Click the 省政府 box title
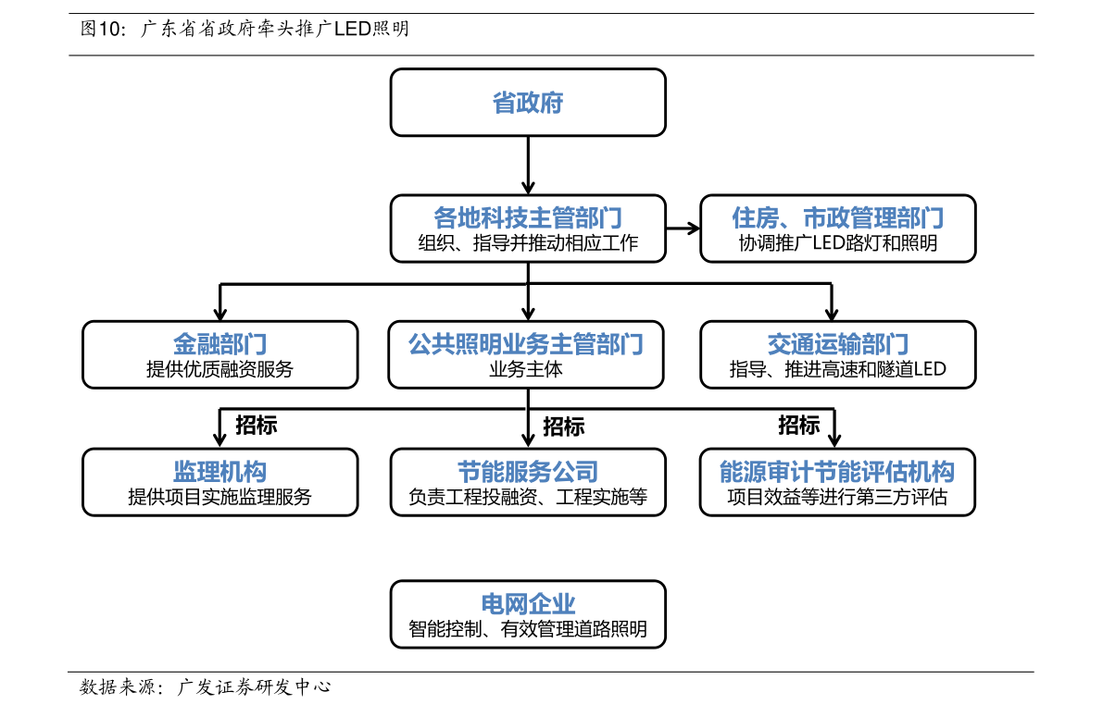[528, 103]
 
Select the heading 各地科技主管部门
[528, 218]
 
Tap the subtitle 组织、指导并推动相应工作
[528, 243]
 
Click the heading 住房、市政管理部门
[837, 218]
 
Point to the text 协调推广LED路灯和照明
[837, 243]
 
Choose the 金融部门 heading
[220, 344]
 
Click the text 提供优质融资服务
[219, 369]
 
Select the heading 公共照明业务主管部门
[526, 344]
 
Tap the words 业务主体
[526, 369]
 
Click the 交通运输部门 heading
[838, 344]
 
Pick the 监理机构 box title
[220, 472]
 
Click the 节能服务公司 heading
[528, 472]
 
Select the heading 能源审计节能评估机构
[837, 472]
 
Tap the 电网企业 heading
[528, 604]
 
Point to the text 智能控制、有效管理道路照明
[528, 628]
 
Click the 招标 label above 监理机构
[256, 426]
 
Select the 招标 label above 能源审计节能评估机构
[798, 426]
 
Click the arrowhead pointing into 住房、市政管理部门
[695, 228]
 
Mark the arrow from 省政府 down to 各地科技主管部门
[528, 166]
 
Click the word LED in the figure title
[353, 29]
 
